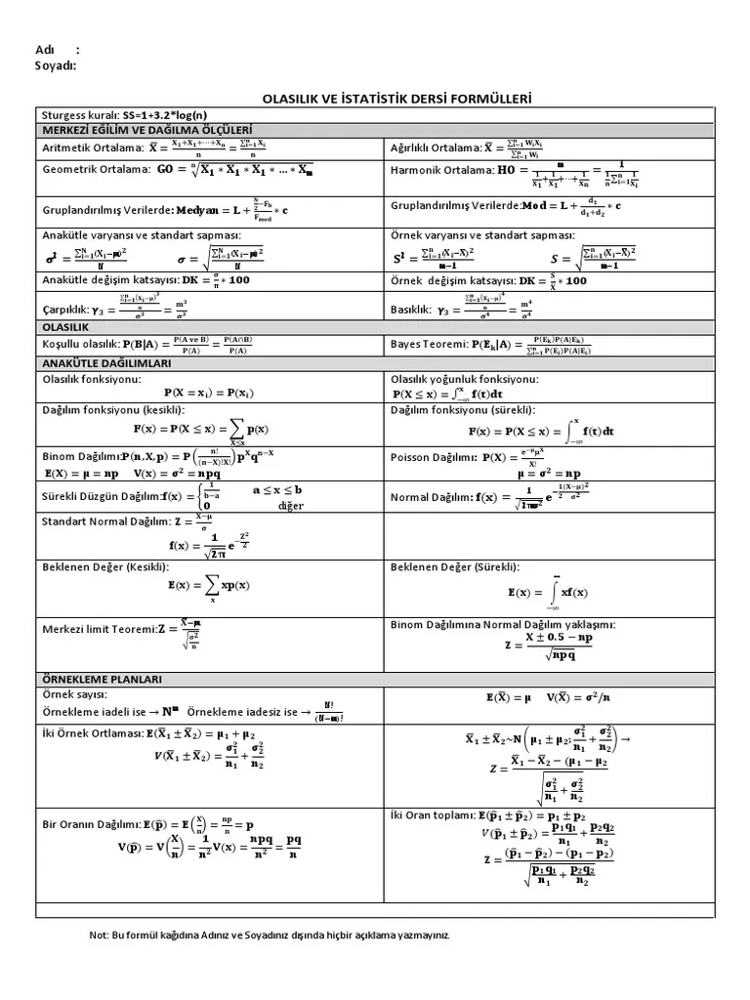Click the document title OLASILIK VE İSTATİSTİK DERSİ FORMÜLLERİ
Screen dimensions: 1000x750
395,99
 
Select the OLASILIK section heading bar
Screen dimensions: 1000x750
64,326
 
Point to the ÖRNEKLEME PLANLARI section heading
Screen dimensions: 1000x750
101,679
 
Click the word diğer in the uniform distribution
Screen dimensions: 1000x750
291,506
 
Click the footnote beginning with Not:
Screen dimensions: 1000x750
270,935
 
